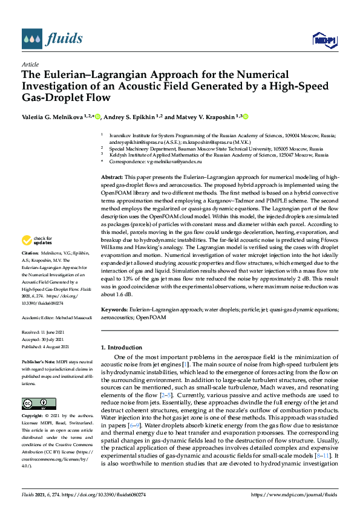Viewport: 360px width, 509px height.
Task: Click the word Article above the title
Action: (x=30, y=64)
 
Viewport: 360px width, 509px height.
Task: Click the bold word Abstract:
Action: (x=112, y=176)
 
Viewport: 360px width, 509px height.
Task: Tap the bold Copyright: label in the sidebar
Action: (x=33, y=417)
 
